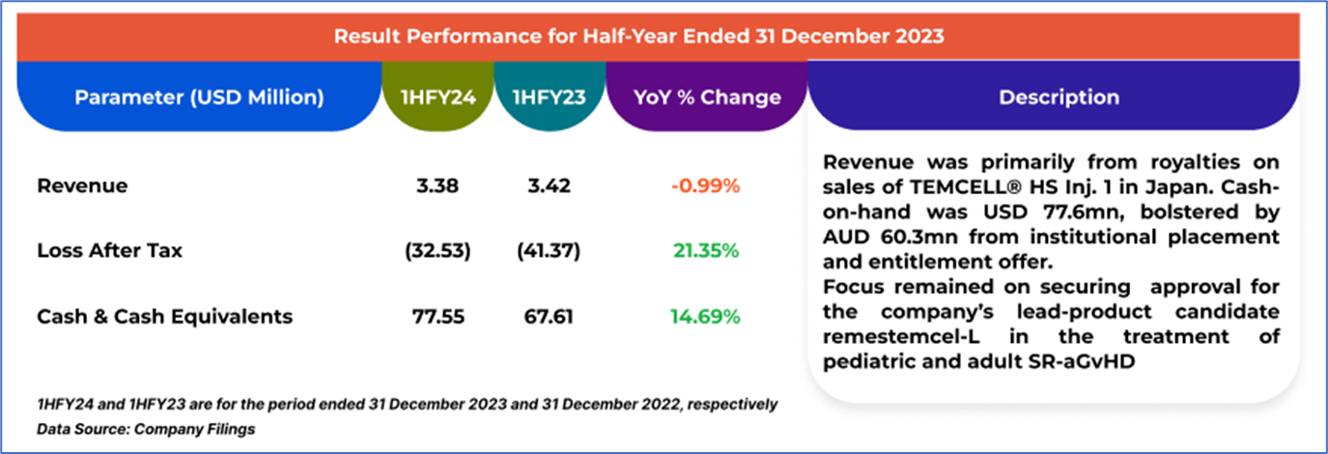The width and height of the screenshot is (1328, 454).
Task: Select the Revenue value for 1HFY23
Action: coord(548,185)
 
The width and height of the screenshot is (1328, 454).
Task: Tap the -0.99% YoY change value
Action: coord(705,185)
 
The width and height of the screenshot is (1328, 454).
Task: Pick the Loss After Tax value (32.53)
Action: coord(438,251)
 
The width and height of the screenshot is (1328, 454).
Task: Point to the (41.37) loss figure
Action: coord(548,251)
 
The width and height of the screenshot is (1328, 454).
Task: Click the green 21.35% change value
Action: coord(705,251)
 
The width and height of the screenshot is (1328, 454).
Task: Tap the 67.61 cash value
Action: coord(548,316)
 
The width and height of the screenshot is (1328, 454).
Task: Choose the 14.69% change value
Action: coord(705,316)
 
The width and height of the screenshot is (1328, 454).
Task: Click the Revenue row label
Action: coord(82,185)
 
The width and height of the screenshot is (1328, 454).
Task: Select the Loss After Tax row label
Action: coord(109,251)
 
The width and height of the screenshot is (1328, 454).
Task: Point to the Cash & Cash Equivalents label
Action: coord(164,316)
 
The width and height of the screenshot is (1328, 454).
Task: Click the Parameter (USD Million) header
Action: coord(199,98)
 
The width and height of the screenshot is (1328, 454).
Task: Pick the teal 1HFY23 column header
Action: coord(549,98)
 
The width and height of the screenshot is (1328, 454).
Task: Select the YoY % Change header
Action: coord(707,98)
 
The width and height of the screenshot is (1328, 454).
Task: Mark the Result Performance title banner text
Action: coord(638,36)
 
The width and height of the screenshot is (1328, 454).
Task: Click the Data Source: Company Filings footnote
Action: coord(146,429)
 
